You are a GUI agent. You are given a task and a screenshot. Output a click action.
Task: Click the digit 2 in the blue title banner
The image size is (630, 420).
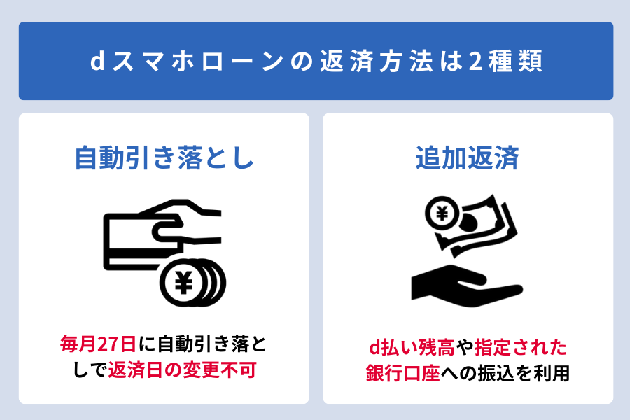click(x=475, y=62)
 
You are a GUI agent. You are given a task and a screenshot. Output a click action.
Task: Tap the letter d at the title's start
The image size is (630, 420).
click(x=97, y=61)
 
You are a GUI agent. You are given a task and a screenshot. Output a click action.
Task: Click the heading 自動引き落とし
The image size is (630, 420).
click(x=164, y=158)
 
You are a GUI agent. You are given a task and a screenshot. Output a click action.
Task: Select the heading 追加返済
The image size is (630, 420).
click(x=468, y=158)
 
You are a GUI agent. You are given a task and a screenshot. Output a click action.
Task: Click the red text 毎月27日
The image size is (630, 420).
click(x=97, y=344)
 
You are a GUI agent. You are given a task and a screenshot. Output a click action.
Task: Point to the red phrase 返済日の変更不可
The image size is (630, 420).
click(x=182, y=370)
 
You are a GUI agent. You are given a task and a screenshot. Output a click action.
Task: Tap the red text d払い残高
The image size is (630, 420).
click(x=412, y=348)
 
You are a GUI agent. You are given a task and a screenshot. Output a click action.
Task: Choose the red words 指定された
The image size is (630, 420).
click(x=520, y=348)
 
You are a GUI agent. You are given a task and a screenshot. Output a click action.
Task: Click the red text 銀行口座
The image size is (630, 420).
click(x=402, y=373)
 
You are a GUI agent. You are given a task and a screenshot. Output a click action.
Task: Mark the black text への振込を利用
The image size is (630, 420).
click(x=505, y=373)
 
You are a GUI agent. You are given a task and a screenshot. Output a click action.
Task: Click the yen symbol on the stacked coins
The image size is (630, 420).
click(x=183, y=283)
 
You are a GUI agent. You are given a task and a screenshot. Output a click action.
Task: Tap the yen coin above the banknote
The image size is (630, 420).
click(x=442, y=213)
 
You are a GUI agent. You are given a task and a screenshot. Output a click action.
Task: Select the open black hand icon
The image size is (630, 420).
click(x=467, y=286)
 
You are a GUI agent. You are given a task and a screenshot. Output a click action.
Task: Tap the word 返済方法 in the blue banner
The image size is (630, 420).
click(x=377, y=62)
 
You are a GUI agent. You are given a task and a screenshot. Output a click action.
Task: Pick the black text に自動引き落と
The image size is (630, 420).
click(x=202, y=344)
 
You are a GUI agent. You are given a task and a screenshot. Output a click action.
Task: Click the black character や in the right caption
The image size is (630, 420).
click(x=465, y=348)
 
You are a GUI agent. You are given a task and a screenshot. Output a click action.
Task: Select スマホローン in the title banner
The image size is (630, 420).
click(x=197, y=62)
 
